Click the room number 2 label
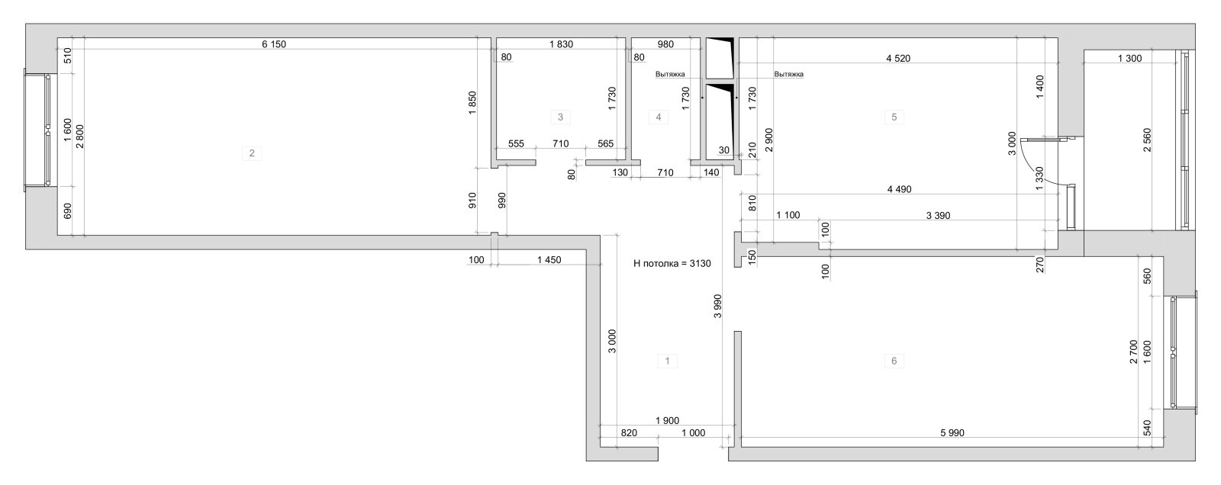click(251, 153)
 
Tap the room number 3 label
click(560, 117)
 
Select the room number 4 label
click(658, 117)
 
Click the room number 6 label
click(894, 361)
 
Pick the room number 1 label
click(667, 361)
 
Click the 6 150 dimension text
click(273, 44)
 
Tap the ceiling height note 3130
click(672, 264)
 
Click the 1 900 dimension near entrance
click(666, 420)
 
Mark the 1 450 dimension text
click(549, 260)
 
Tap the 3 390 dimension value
click(937, 216)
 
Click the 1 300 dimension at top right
click(1129, 58)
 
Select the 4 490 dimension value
click(899, 189)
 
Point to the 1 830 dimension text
click(560, 44)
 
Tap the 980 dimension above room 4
click(665, 44)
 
